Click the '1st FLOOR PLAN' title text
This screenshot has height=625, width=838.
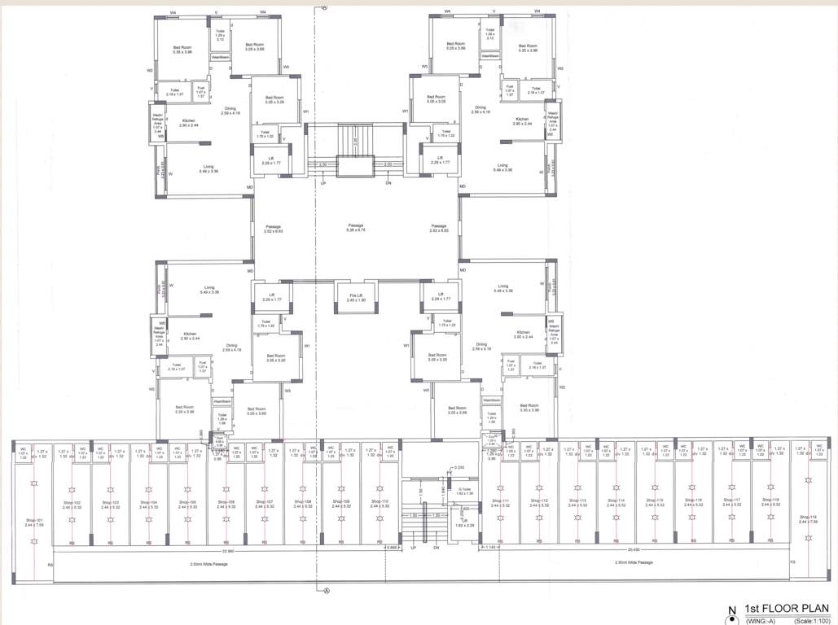pyautogui.click(x=783, y=609)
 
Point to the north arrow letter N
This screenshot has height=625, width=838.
pyautogui.click(x=731, y=610)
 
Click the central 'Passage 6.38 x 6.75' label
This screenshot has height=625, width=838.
pyautogui.click(x=355, y=228)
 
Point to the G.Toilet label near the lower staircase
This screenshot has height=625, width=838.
pyautogui.click(x=465, y=491)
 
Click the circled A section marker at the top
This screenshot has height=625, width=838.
pyautogui.click(x=325, y=7)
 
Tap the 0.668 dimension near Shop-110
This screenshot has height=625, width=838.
pyautogui.click(x=393, y=548)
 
